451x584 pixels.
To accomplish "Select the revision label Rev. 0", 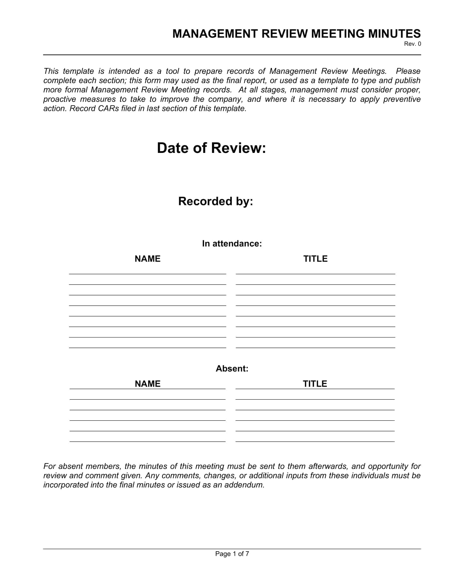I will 412,44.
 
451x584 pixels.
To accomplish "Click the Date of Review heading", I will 211,148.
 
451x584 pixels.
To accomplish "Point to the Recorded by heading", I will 215,201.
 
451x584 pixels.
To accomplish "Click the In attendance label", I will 232,244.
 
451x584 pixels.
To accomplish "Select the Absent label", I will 232,368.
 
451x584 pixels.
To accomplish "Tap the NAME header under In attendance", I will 148,259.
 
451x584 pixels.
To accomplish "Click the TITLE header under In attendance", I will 315,259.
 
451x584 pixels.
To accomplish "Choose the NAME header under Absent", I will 148,384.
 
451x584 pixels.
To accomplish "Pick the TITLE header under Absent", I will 315,384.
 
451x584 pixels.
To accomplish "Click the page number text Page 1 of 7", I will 232,554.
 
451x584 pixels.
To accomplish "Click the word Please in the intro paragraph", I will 408,71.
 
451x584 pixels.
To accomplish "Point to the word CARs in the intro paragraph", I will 109,109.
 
